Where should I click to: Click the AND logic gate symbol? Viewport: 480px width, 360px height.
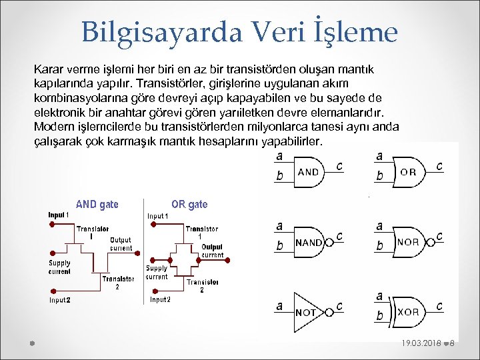[309, 171]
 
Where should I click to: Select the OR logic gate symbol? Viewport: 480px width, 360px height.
[409, 171]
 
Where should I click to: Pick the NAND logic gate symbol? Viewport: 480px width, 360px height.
[310, 242]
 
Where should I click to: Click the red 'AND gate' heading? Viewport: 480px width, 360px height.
[97, 205]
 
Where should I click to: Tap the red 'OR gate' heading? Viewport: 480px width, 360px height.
[189, 205]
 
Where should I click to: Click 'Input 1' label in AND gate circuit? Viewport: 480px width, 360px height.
[58, 215]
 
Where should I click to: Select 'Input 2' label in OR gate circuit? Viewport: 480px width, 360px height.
[160, 300]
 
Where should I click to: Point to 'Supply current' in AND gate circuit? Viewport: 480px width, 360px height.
[59, 267]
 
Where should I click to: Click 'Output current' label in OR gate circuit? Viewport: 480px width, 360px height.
[212, 251]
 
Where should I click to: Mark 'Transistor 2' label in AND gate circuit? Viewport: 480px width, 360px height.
[117, 283]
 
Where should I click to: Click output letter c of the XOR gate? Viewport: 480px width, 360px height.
[439, 306]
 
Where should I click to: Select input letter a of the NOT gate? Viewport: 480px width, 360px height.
[280, 306]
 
